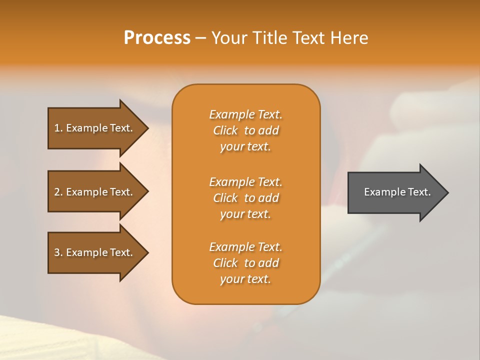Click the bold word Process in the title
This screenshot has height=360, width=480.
click(x=157, y=38)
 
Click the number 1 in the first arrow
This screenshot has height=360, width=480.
click(x=57, y=128)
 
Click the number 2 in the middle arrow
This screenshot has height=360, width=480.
click(x=57, y=192)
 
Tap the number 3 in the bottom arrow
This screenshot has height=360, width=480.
click(x=57, y=252)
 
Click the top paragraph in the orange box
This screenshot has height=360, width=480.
click(x=245, y=130)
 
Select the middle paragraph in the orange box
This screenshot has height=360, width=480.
click(x=245, y=198)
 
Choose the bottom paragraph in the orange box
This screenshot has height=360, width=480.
click(x=245, y=263)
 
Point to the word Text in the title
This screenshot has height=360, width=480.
click(x=309, y=38)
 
